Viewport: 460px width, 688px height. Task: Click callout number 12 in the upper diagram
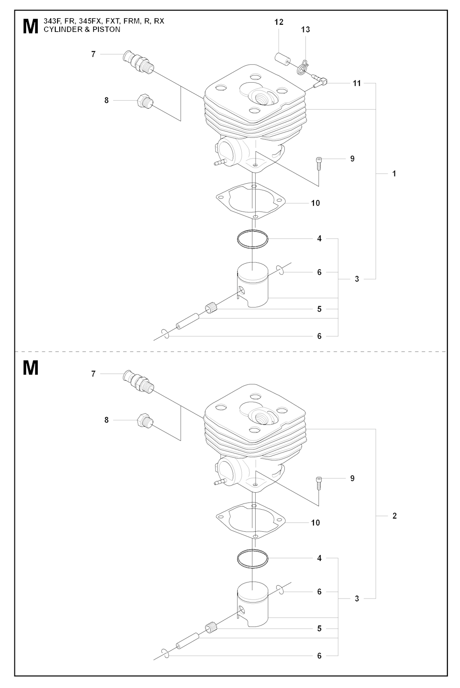279,22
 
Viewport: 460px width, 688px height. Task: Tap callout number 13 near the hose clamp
305,30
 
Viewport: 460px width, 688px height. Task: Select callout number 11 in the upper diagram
356,83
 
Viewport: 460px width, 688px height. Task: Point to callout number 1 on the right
394,173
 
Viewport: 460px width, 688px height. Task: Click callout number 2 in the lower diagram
394,516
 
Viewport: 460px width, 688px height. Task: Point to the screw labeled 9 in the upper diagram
318,164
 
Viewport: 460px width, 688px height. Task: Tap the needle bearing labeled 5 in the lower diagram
211,626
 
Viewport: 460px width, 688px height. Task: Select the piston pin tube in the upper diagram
187,321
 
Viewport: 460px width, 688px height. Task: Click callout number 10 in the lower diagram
315,523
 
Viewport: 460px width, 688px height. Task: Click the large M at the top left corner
31,26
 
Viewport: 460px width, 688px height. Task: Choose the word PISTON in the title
106,30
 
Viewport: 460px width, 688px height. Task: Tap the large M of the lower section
31,368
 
